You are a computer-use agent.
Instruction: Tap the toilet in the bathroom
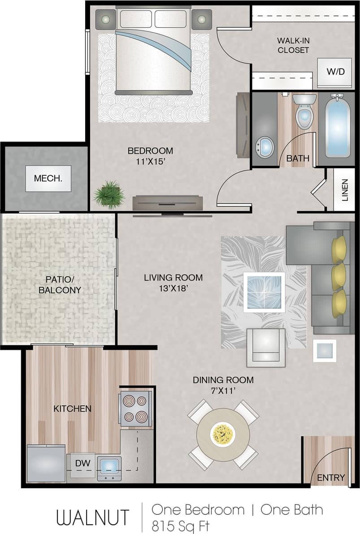[x=304, y=112]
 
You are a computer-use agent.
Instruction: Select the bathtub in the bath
[x=338, y=126]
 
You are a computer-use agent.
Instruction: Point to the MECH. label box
[x=48, y=178]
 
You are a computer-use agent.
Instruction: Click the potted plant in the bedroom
[x=109, y=195]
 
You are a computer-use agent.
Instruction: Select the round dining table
[x=223, y=434]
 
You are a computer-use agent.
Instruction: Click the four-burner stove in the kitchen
[x=135, y=408]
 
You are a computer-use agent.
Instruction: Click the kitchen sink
[x=109, y=467]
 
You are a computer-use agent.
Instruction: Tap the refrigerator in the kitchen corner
[x=46, y=463]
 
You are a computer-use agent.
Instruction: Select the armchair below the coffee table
[x=266, y=347]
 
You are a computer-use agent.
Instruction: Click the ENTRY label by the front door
[x=331, y=478]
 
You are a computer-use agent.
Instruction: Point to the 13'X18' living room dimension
[x=173, y=289]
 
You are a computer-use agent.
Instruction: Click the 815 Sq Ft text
[x=180, y=525]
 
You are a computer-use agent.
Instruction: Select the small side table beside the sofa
[x=325, y=351]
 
